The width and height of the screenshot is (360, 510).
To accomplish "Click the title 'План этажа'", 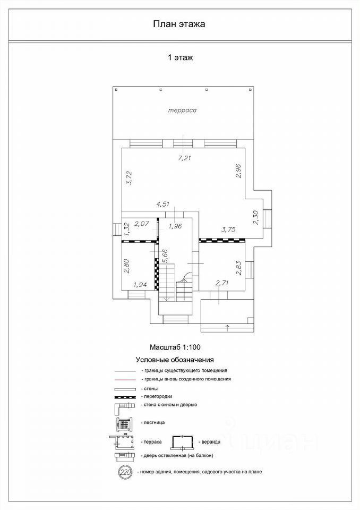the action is coord(179,24).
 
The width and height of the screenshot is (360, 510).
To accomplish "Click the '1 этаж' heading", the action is coord(180,57).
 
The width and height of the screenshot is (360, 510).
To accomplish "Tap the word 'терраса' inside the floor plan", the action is coord(183,110).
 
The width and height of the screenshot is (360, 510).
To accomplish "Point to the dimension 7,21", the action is coord(184,158).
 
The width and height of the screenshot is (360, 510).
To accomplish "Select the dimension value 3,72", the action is coord(129,178).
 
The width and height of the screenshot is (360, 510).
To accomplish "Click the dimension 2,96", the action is coord(238,171).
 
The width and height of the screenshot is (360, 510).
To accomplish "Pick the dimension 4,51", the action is coord(163,204).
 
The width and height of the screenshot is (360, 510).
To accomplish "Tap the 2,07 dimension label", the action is coord(141,224).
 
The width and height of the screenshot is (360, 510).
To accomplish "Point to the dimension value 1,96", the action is coord(175,226).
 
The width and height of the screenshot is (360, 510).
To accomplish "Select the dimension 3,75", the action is coord(229,229).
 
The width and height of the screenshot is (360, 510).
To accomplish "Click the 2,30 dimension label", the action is coord(255,218).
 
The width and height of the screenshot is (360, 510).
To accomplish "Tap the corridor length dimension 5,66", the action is coord(165,256).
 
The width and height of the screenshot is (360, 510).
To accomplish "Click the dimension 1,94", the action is coord(140,285).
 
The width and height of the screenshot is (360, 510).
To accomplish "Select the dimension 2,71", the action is coord(222,283).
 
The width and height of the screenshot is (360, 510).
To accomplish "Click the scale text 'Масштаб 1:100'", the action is coord(175,347).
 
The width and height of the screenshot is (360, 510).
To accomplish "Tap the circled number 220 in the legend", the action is coord(125,472).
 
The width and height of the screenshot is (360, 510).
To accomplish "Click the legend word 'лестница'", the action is coord(154,422).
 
